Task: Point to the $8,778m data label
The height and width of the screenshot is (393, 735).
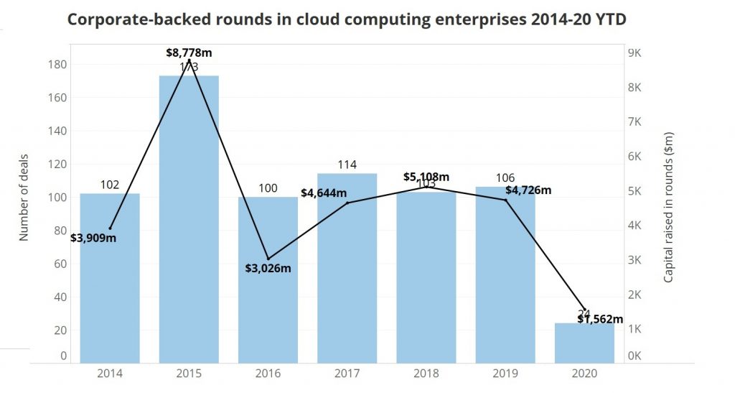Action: click(189, 52)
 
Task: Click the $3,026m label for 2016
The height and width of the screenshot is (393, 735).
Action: click(268, 268)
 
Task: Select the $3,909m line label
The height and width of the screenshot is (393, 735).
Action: click(93, 238)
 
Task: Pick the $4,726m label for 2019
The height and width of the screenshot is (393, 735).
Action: click(528, 190)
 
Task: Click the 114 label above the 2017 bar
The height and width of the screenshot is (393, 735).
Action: click(347, 165)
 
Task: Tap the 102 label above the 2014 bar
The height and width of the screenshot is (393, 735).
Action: click(110, 185)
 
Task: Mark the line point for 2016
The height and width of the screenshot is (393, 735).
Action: click(268, 259)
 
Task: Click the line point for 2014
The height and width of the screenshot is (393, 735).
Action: click(110, 228)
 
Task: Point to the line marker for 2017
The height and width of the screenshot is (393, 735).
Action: click(347, 203)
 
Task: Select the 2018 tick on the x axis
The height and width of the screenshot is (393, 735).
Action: click(426, 374)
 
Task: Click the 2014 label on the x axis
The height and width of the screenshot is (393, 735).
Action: click(110, 374)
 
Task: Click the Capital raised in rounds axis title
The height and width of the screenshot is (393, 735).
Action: click(668, 207)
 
